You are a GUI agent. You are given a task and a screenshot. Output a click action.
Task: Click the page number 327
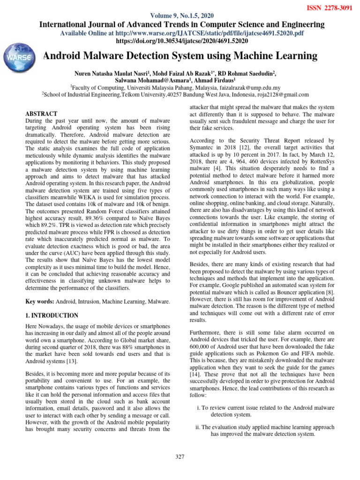pos(180,457)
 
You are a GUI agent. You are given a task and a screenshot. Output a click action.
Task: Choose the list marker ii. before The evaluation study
pos(198,427)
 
